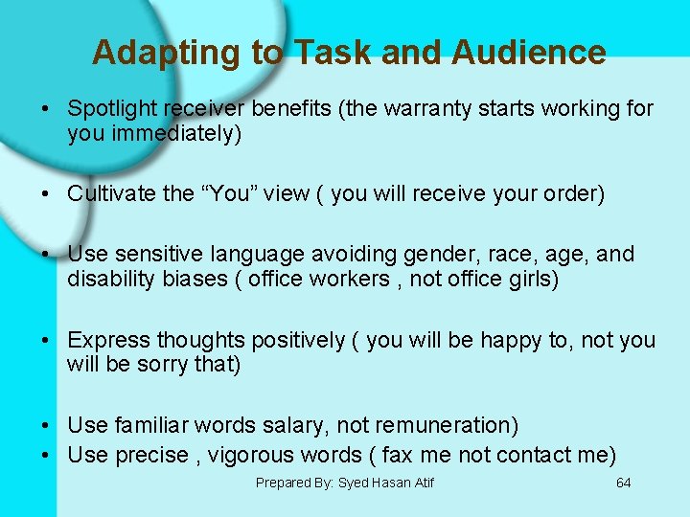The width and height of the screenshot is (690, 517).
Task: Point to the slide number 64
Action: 623,483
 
